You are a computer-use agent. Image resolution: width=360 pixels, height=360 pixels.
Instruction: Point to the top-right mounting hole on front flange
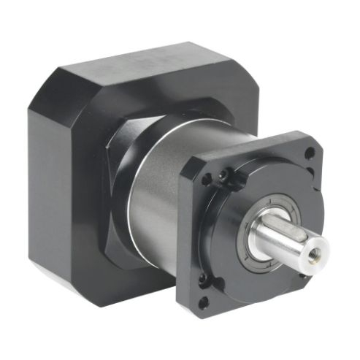310,153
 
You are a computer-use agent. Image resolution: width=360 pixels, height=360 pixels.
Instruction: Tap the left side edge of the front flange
184,234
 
